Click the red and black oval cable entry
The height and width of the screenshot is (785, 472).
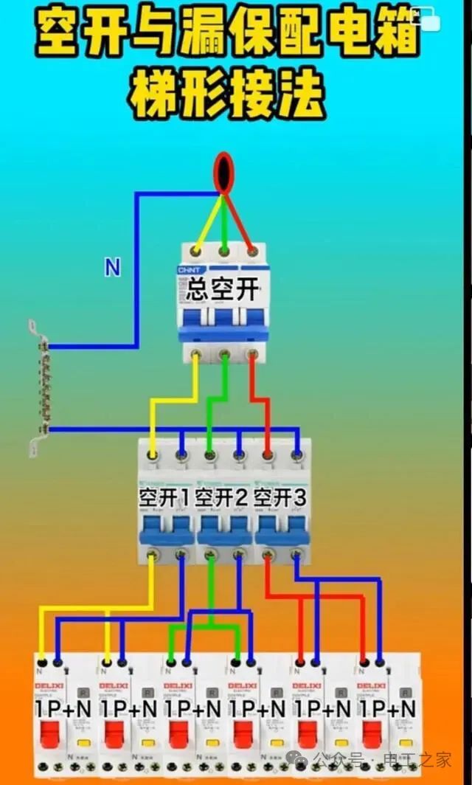click(223, 171)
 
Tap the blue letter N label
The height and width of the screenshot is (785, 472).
click(112, 267)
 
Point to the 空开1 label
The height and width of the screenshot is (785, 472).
click(164, 498)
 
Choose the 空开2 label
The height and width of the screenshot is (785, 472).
click(222, 498)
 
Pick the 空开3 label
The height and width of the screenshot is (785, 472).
click(280, 498)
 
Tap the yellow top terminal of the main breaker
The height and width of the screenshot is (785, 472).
click(197, 252)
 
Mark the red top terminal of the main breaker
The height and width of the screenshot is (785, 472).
click(252, 252)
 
